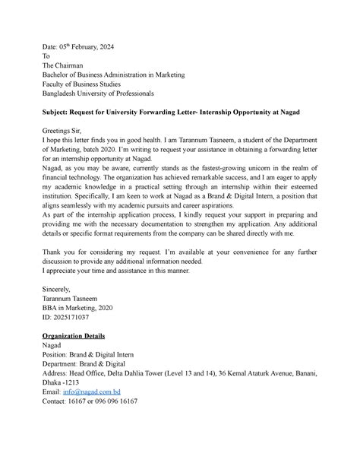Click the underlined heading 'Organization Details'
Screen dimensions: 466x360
tap(78, 335)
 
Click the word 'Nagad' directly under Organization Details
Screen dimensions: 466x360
tap(57, 345)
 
